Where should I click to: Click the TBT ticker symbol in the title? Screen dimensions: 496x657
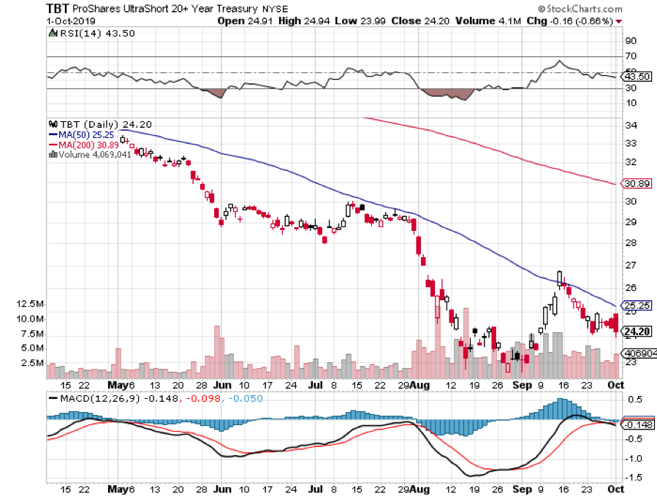[58, 8]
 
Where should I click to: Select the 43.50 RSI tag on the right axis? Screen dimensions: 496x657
[634, 76]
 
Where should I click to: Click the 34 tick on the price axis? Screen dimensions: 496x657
[629, 125]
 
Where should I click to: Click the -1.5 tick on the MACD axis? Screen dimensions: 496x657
[631, 478]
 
